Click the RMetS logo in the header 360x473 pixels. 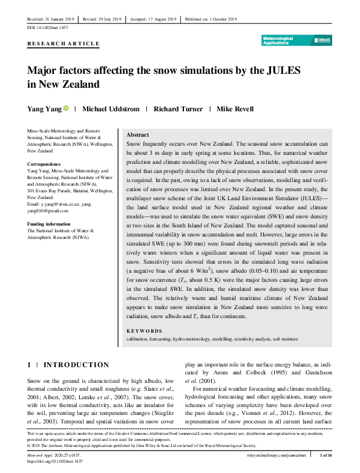tap(323, 40)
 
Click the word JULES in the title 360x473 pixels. tap(280, 71)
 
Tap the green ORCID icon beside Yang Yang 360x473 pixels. tap(67, 109)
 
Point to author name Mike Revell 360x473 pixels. tap(235, 109)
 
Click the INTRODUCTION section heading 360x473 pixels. tap(76, 365)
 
